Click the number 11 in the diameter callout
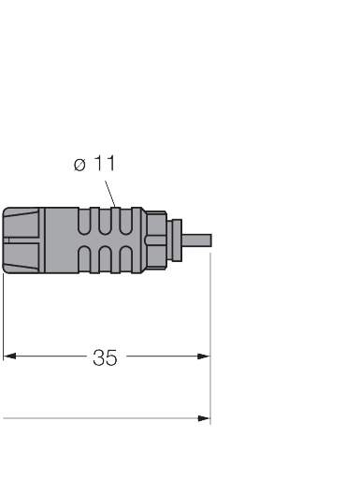point(106,164)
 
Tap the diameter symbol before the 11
point(79,166)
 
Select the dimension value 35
point(105,357)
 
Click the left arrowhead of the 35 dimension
point(10,356)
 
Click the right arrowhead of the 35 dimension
point(204,356)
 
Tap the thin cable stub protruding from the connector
point(198,240)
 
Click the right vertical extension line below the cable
point(210,327)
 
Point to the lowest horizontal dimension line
point(103,419)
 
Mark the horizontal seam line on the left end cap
point(21,241)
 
